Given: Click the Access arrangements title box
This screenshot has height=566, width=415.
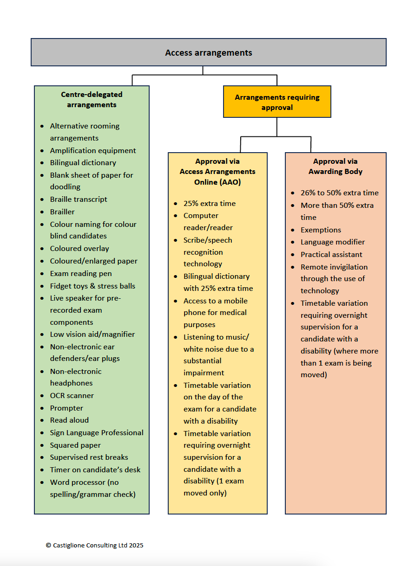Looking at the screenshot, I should click(x=208, y=52).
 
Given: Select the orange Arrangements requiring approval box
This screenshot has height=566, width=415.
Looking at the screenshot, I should click(x=277, y=102).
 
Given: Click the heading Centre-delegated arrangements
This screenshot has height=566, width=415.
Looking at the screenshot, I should click(x=92, y=99).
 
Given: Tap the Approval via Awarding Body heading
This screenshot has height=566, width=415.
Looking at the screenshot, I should click(x=335, y=167).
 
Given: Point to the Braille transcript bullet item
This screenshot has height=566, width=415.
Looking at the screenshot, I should click(x=79, y=199).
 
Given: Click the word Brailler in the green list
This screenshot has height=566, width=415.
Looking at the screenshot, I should click(x=62, y=212).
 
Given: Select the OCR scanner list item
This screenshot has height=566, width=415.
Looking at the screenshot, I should click(x=72, y=395).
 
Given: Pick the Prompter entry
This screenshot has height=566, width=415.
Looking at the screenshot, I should click(x=66, y=408).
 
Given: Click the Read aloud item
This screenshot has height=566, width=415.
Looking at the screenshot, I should click(x=69, y=420).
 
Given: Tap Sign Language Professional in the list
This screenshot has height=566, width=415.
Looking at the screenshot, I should click(x=97, y=432).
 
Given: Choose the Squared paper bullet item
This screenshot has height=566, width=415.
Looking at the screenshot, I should click(x=75, y=445).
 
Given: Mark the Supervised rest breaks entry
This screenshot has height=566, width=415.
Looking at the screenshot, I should click(x=89, y=457).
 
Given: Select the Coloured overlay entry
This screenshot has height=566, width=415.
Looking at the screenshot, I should click(x=79, y=248).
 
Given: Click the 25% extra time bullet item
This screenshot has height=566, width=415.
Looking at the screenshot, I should click(x=209, y=203).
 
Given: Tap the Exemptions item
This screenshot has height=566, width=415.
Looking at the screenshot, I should click(x=321, y=230).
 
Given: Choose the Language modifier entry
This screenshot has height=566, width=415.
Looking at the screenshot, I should click(x=333, y=242).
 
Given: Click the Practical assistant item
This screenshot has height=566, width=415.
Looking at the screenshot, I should click(x=331, y=254).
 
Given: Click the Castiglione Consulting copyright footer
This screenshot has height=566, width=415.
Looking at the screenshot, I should click(x=94, y=545).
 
